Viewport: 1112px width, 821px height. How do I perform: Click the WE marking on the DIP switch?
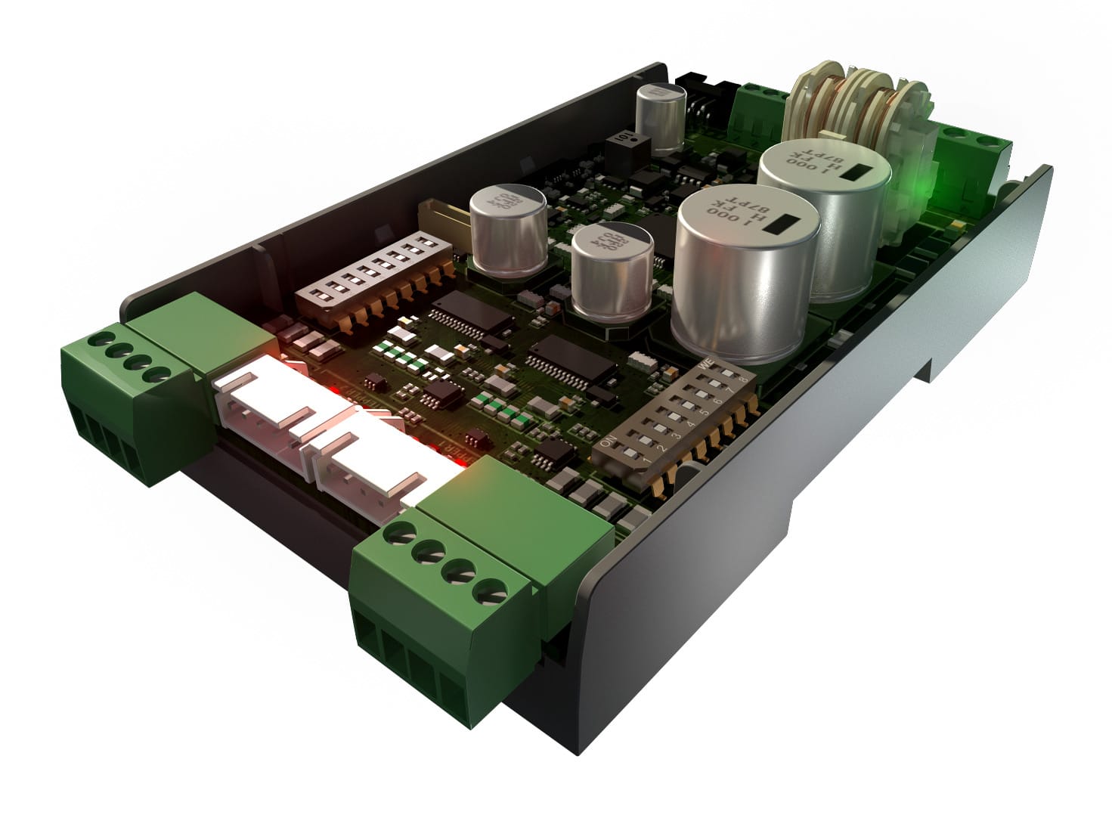pos(706,365)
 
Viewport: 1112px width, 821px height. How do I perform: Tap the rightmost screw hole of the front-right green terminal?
pos(492,592)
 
